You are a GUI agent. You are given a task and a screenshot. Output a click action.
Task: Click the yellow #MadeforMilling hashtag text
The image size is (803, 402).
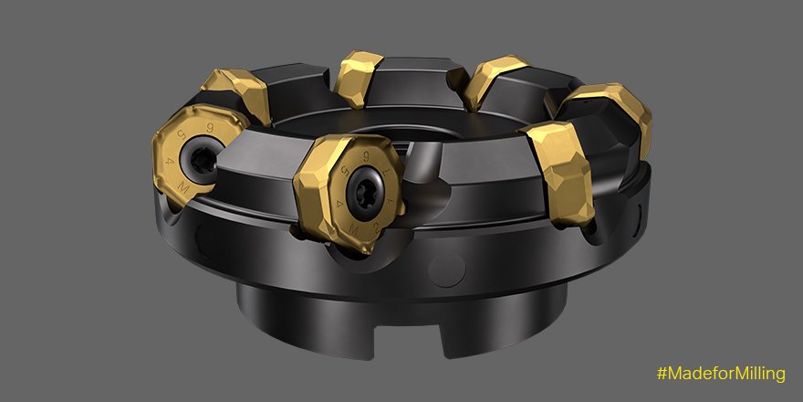pyautogui.click(x=719, y=374)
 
